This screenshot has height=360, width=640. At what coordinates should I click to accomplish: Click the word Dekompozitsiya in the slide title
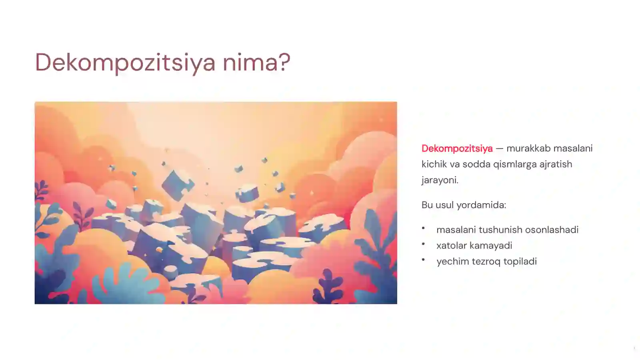(x=125, y=62)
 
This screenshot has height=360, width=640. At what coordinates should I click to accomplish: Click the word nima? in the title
(x=256, y=62)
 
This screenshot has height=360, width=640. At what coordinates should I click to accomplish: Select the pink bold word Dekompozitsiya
(x=457, y=148)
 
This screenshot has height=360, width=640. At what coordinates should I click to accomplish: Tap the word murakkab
(x=526, y=148)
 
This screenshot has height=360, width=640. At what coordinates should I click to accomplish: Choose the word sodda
(x=476, y=164)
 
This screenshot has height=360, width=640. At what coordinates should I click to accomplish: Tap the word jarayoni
(x=440, y=180)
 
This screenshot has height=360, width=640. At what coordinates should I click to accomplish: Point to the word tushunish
(x=500, y=230)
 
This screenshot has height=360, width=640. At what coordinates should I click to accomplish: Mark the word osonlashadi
(x=552, y=230)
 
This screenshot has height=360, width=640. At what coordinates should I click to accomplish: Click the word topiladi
(x=520, y=262)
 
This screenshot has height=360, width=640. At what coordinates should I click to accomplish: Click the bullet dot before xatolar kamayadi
(x=423, y=244)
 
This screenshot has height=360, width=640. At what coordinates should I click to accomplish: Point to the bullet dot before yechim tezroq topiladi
(x=423, y=260)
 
